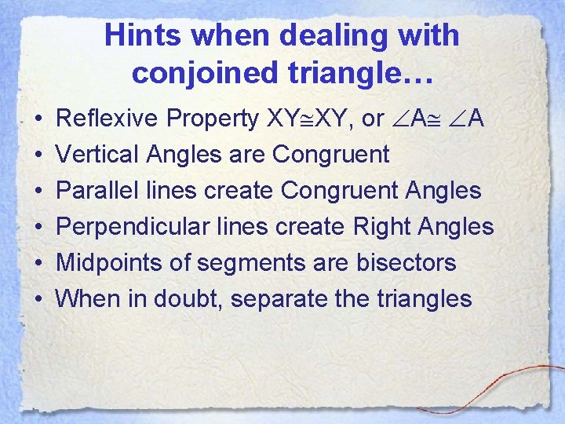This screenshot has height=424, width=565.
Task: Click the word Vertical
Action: click(x=95, y=155)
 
